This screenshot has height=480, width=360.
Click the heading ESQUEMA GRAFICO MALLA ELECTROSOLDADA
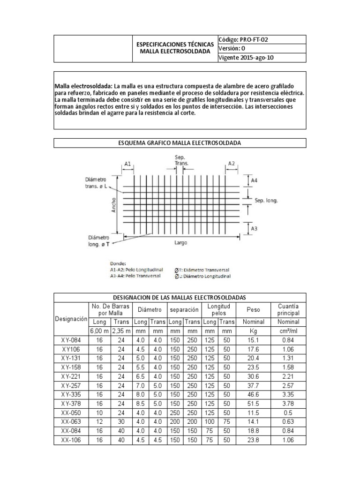[180, 142]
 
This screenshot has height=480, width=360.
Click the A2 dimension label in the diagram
[231, 163]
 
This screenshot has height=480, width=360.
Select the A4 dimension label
[254, 180]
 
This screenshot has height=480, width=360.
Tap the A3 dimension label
[254, 228]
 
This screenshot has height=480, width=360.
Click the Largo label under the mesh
[181, 243]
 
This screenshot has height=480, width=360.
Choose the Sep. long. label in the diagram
[266, 200]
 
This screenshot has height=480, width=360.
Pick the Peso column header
[253, 310]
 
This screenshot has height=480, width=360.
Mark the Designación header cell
[71, 319]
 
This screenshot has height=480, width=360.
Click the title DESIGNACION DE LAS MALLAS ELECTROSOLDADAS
[180, 298]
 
